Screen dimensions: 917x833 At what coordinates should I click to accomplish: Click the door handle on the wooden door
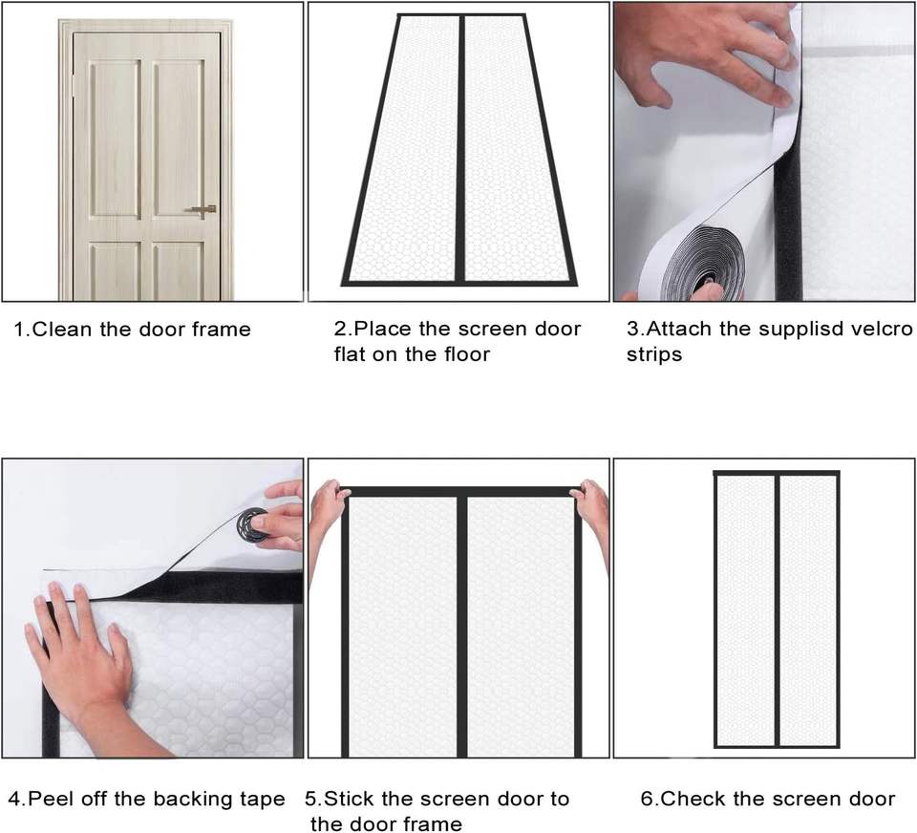point(201,210)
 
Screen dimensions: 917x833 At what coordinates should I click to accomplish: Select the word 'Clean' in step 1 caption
point(63,330)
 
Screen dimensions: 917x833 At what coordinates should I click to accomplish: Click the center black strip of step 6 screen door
point(778,610)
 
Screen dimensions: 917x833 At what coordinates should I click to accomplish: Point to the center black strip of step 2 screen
point(461,149)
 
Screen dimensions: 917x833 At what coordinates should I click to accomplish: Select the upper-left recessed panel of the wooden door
point(115,139)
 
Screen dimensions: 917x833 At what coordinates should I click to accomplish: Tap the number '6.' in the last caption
point(649,799)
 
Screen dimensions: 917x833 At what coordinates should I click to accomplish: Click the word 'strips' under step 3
point(653,355)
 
